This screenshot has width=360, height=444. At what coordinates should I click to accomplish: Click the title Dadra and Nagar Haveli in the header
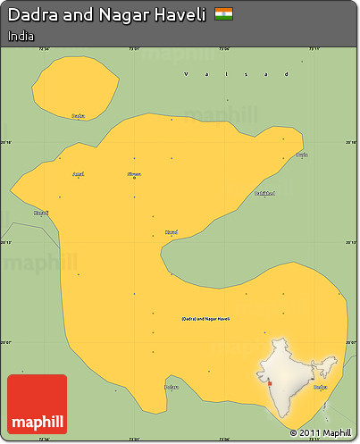coord(106,15)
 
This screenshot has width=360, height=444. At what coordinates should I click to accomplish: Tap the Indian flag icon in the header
coord(224,14)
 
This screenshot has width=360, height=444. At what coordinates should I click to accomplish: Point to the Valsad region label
coord(237,74)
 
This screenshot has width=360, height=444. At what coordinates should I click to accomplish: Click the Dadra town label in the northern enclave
coord(79,116)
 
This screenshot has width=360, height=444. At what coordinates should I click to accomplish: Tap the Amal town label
coord(79,173)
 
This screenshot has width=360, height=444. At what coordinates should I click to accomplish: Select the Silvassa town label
coord(134,173)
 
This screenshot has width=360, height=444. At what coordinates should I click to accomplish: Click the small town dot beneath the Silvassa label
coord(134,179)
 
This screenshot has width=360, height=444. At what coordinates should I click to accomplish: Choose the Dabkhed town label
coord(264,193)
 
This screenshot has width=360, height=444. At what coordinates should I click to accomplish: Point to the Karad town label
coord(172,232)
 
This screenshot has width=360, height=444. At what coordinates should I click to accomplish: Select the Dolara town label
coord(172,387)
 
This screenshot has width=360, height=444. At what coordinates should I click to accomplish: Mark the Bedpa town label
coord(320,387)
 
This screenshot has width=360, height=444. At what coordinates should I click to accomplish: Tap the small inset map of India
coord(300,375)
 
